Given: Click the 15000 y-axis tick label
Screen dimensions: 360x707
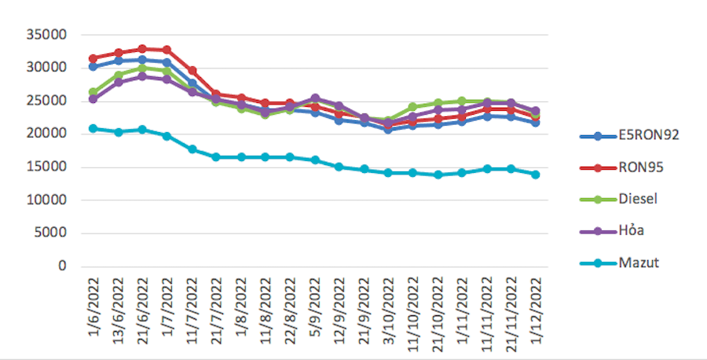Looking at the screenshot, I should [45, 167].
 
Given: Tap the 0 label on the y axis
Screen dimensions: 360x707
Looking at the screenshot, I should [61, 266].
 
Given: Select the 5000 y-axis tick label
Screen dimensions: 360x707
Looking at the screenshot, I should [49, 233].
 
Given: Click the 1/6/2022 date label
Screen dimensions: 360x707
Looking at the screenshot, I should [93, 310].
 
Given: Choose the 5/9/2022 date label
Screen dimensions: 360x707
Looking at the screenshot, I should [314, 310].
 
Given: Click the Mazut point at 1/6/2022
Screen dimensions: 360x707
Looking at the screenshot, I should [93, 128].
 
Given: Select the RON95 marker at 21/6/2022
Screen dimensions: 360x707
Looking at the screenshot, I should [142, 49].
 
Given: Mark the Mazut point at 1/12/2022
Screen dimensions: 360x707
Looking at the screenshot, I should [535, 174].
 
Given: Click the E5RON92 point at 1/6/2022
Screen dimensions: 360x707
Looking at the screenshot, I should [93, 67].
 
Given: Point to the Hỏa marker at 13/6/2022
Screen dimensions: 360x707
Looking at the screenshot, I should [118, 82].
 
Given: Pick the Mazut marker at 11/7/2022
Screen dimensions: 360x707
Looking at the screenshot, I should [192, 149].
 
